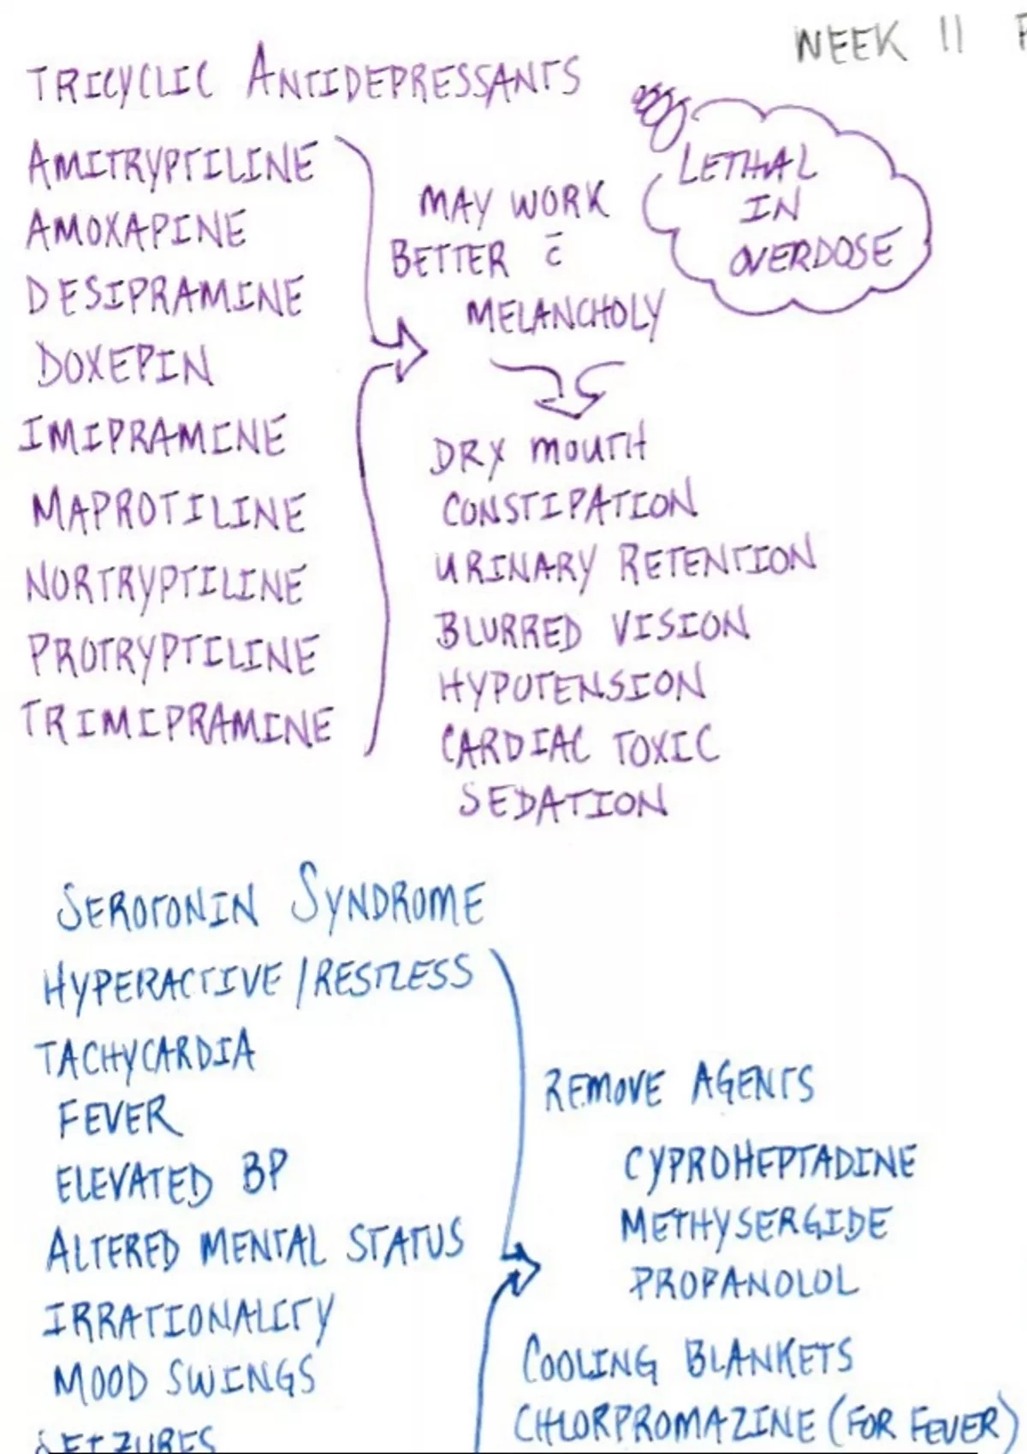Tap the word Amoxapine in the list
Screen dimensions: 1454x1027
(x=137, y=229)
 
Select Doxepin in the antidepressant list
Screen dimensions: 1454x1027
(x=125, y=366)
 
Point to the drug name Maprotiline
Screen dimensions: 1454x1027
(x=168, y=511)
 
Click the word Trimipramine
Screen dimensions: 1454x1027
(x=176, y=723)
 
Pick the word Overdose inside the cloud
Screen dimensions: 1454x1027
(x=810, y=253)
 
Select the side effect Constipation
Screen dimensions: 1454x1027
(x=568, y=506)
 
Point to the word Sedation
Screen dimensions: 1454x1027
(x=563, y=802)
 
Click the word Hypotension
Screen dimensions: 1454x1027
(x=572, y=687)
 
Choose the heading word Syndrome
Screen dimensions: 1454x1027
(x=387, y=903)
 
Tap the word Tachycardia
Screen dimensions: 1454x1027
(x=145, y=1055)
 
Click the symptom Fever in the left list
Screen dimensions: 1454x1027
(x=120, y=1117)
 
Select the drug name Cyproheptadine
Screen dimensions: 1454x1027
(x=769, y=1163)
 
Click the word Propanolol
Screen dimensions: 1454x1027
(x=743, y=1283)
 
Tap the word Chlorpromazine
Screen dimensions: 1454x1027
(x=664, y=1423)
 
